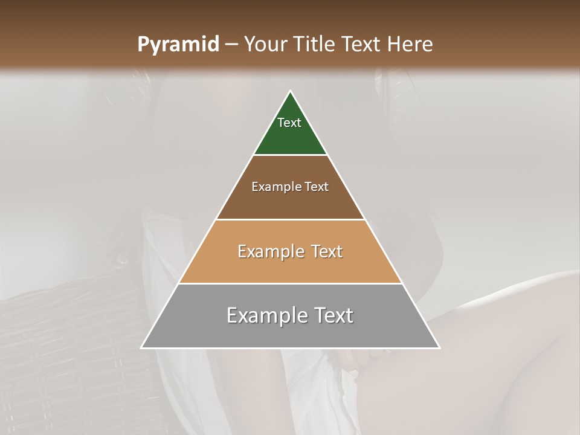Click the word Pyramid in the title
click(178, 45)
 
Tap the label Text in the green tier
click(289, 123)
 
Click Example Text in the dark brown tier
click(290, 187)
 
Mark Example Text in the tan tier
click(290, 251)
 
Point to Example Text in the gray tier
click(290, 315)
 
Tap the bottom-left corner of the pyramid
click(142, 347)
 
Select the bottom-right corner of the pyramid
click(439, 347)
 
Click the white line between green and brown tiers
click(290, 155)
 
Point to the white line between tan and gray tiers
click(290, 283)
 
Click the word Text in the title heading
click(363, 45)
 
